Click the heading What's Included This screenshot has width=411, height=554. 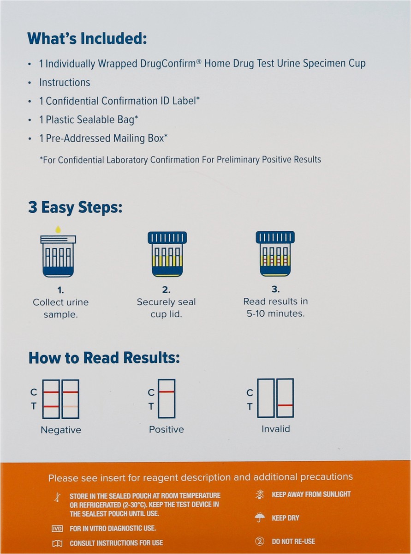click(x=87, y=38)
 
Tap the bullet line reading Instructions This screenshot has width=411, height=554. click(x=65, y=83)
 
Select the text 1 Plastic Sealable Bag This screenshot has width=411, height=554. click(x=89, y=120)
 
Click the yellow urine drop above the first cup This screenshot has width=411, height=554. click(x=58, y=229)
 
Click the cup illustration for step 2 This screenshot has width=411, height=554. click(x=167, y=254)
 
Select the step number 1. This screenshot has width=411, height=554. click(x=60, y=290)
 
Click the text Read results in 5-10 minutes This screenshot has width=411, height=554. click(x=275, y=307)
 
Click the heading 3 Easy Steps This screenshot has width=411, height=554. click(x=75, y=207)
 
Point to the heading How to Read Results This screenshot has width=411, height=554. click(x=104, y=358)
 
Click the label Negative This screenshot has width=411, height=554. click(x=61, y=430)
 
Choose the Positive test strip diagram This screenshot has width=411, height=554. click(x=166, y=398)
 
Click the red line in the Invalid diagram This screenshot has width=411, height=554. click(x=285, y=405)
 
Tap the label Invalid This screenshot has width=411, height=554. click(x=275, y=429)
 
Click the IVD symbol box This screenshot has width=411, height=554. click(x=57, y=529)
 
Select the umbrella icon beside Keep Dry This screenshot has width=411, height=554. click(x=260, y=518)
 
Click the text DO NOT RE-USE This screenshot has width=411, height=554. click(x=293, y=541)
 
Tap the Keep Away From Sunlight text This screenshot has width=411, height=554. click(x=311, y=494)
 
